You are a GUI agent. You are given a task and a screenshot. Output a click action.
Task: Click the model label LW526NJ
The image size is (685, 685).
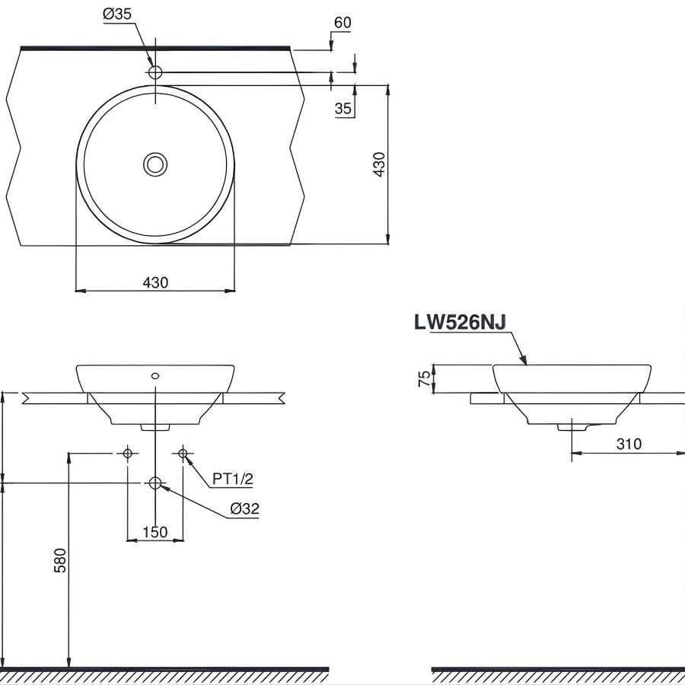[x=460, y=323]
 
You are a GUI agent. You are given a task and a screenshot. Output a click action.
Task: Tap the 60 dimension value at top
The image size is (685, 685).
[x=342, y=22]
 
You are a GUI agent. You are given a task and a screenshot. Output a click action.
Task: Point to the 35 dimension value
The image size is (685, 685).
[x=342, y=109]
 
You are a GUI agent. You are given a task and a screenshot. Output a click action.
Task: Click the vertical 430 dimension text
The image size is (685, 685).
[x=379, y=164]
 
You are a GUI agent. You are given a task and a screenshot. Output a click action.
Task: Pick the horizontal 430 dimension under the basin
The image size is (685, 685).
[x=155, y=282]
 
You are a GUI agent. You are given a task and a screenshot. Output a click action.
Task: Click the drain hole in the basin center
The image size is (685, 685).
[x=155, y=164]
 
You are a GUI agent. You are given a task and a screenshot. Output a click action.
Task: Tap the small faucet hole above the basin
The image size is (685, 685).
[x=155, y=72]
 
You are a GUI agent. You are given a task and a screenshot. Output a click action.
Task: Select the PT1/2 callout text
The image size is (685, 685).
[x=232, y=478]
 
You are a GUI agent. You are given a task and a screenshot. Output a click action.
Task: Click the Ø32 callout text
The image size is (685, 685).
[x=244, y=509]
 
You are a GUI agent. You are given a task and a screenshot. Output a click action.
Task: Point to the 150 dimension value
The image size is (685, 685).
[x=155, y=532]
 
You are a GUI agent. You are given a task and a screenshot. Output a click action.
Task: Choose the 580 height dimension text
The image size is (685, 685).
[x=60, y=560]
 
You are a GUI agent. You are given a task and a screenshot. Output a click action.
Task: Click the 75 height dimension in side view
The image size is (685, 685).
[x=423, y=379]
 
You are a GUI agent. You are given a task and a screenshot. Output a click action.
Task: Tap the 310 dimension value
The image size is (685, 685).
[x=629, y=444]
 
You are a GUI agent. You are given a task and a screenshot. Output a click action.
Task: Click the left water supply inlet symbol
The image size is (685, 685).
[x=128, y=454]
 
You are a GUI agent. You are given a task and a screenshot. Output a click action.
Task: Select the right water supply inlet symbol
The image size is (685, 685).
[x=183, y=454]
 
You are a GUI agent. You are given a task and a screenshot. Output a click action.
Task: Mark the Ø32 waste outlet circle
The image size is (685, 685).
[x=155, y=483]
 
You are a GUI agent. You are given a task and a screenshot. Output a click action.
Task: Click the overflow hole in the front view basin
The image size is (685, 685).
[x=155, y=375]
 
